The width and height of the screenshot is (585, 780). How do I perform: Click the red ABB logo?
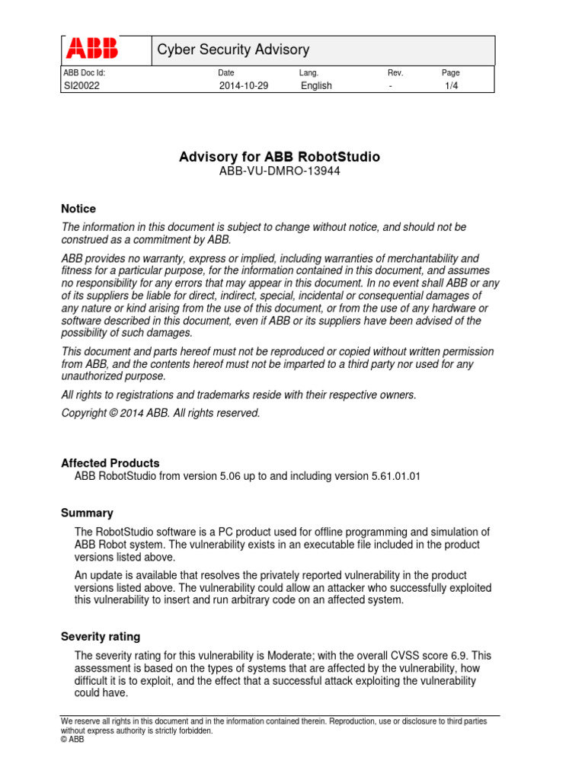point(92,50)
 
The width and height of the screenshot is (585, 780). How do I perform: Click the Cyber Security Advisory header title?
point(233,50)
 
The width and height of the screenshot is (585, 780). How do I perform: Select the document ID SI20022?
point(82,86)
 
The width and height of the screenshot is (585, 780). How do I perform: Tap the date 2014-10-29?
point(244,86)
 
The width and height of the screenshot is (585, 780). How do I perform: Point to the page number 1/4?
point(452,86)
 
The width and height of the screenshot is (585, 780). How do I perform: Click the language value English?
point(316,86)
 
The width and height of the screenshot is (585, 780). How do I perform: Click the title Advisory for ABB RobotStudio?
point(279,157)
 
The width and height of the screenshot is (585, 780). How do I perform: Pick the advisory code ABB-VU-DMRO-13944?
point(279,171)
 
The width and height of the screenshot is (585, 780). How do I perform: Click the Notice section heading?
point(78,209)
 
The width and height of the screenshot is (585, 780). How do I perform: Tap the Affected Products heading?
point(110,463)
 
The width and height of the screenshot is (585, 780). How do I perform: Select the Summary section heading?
point(87,513)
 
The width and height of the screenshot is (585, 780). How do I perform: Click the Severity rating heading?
point(101,637)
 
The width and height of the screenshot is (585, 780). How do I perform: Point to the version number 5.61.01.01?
point(396,477)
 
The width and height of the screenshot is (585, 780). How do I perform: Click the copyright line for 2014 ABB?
point(161,413)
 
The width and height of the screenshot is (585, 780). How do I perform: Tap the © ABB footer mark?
point(72,739)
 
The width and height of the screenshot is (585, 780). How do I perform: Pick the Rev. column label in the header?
point(395,73)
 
